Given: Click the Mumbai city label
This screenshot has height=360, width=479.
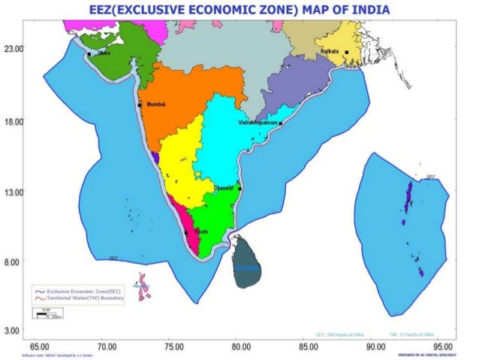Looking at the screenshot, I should (155, 104).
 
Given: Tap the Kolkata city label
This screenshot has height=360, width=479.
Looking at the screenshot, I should (330, 50).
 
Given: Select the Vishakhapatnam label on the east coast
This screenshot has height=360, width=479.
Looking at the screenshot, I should (258, 122).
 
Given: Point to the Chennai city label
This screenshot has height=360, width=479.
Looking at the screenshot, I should (224, 187).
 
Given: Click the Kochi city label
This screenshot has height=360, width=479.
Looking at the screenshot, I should (201, 231).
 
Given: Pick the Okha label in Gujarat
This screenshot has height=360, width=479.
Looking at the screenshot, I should (104, 53).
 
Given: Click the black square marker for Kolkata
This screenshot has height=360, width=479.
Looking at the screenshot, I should (347, 53).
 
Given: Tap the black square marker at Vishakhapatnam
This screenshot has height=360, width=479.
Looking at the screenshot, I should (280, 123).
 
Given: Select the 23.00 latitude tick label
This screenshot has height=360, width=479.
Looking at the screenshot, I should (14, 48).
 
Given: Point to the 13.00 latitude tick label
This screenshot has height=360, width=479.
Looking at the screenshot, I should (14, 192).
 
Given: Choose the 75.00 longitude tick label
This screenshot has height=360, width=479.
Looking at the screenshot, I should (174, 346).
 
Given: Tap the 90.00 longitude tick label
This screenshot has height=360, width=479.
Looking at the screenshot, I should (375, 346).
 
